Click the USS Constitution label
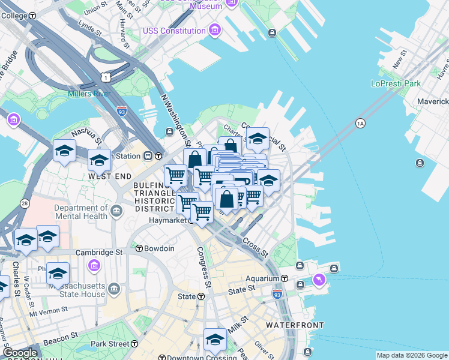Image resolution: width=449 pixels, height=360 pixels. tap(174, 31)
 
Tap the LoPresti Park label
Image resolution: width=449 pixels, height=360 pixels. tap(396, 83)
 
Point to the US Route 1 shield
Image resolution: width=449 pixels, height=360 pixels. tap(106, 77)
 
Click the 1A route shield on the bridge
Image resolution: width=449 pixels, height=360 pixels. tap(360, 124)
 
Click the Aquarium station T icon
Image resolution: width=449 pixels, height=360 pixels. tap(284, 279)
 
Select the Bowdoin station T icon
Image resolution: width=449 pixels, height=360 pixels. tap(139, 248)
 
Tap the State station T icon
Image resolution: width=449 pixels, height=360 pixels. tap(200, 296)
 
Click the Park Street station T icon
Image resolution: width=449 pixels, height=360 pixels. tap(134, 344)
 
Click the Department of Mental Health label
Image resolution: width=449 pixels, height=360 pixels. tap(80, 212)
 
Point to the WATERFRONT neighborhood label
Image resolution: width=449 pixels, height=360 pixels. tap(295, 325)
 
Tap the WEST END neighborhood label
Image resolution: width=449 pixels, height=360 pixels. tap(109, 176)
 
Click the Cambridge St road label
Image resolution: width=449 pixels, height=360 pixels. tap(106, 253)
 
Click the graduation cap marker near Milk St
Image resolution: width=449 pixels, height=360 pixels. tap(214, 340)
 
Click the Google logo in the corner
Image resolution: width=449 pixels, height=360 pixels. tap(20, 352)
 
